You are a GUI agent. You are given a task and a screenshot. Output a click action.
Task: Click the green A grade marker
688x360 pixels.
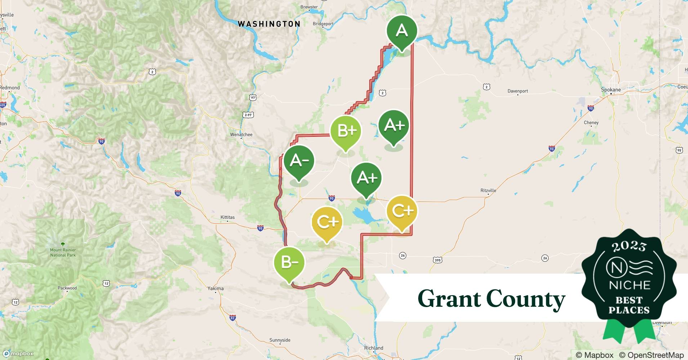pyautogui.click(x=402, y=31)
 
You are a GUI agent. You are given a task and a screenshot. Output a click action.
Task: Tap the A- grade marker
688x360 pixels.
pyautogui.click(x=299, y=161)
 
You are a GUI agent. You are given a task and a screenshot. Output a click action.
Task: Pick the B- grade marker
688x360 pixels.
pyautogui.click(x=289, y=262)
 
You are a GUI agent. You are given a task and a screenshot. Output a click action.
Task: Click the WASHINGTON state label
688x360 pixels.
pyautogui.click(x=269, y=24)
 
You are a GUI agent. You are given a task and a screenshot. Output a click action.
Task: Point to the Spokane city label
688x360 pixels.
pyautogui.click(x=611, y=90)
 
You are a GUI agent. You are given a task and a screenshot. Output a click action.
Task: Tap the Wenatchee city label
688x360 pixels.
pyautogui.click(x=241, y=135)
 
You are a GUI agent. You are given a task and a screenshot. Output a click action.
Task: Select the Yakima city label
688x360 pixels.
pyautogui.click(x=215, y=288)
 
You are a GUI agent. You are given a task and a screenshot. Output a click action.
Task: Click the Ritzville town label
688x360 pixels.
pyautogui.click(x=488, y=190)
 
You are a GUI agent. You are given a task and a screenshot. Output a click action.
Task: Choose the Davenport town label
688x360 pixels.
pyautogui.click(x=518, y=91)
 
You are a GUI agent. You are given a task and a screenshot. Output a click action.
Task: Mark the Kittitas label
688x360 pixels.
pyautogui.click(x=227, y=217)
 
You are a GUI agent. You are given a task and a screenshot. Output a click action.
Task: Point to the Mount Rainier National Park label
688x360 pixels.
pyautogui.click(x=63, y=252)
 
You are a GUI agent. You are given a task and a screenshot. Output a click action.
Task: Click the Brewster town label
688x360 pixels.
pyautogui.click(x=309, y=7)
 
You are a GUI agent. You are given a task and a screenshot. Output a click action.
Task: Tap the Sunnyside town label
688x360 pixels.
pyautogui.click(x=280, y=340)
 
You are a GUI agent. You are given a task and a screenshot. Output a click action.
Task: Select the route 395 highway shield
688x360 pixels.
pyautogui.click(x=437, y=260)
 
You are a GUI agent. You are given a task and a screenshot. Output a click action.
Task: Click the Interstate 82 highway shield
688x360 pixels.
pyautogui.click(x=233, y=318)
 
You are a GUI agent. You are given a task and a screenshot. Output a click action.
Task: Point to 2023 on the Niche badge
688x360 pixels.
pyautogui.click(x=629, y=247)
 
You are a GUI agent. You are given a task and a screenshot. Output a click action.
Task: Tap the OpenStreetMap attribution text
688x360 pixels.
pyautogui.click(x=651, y=355)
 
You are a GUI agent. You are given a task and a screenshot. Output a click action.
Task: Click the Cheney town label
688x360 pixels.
pyautogui.click(x=591, y=123)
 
